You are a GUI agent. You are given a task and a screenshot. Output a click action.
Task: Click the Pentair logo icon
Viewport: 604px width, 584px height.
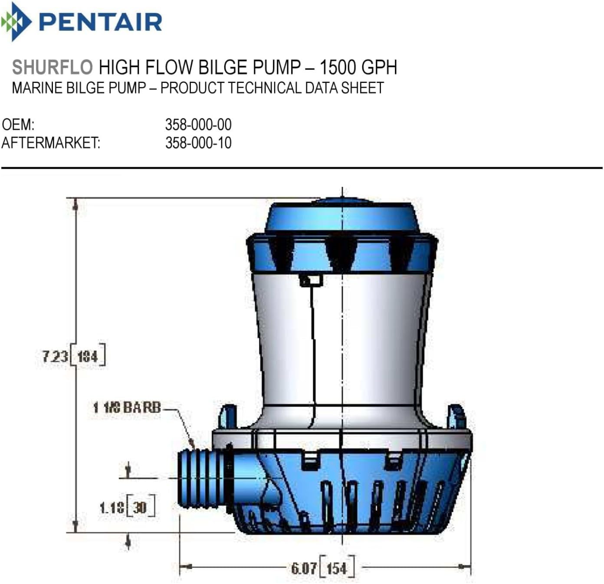click(16, 22)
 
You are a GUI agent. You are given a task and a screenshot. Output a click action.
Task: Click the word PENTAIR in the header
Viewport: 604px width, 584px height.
click(101, 22)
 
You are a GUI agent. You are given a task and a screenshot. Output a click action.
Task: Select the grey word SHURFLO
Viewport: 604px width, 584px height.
click(52, 67)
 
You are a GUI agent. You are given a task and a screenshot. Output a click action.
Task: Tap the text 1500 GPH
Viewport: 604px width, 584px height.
click(358, 67)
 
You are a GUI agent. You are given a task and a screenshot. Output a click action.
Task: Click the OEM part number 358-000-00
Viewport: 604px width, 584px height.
click(198, 125)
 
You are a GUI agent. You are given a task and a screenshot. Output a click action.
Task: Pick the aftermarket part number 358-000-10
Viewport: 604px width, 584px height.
click(198, 143)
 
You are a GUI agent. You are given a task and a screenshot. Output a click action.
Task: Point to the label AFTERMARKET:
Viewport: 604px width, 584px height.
click(51, 143)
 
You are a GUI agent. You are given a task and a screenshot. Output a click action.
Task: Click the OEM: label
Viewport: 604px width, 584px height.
click(18, 125)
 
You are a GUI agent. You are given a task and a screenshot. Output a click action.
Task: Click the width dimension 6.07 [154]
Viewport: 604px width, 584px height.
click(323, 568)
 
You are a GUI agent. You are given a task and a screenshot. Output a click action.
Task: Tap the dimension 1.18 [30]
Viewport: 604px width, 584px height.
click(127, 507)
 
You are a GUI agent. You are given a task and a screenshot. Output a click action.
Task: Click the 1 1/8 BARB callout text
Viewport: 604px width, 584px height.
click(127, 407)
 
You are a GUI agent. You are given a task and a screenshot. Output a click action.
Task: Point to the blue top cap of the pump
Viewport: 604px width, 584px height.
click(342, 217)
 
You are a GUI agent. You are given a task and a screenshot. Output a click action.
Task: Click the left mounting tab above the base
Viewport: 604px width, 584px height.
click(228, 416)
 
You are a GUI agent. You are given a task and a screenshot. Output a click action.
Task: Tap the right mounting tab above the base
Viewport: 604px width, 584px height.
click(456, 416)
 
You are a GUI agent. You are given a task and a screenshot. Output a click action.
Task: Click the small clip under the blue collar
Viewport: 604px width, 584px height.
click(311, 280)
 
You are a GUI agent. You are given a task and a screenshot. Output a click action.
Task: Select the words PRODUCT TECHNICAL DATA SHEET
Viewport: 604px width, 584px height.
click(272, 88)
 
